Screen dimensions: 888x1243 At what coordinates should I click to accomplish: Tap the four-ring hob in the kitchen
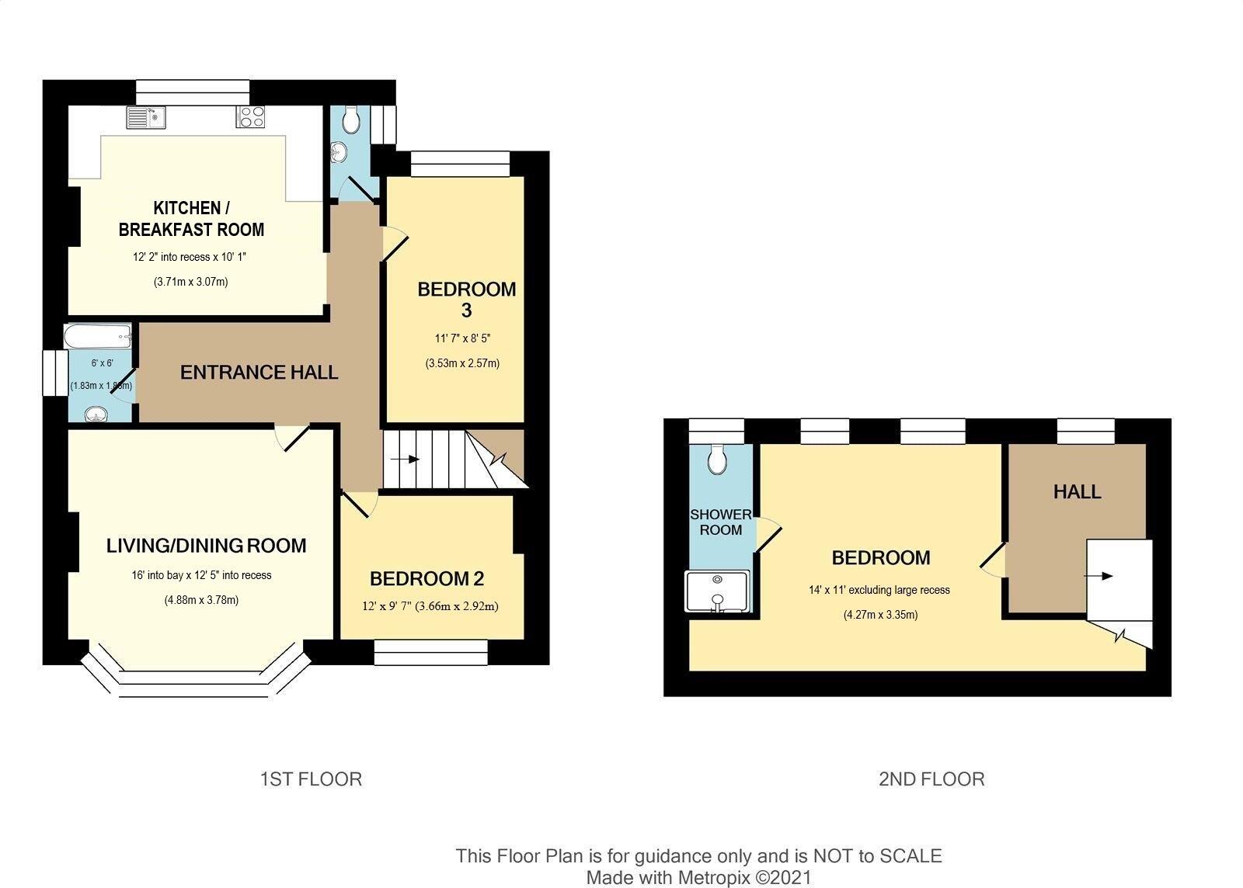[x=250, y=117]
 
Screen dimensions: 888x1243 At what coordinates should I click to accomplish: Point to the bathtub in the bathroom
[x=98, y=337]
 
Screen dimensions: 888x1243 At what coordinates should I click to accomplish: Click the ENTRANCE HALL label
[x=259, y=373]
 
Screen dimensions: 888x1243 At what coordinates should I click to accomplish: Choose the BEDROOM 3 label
[x=466, y=300]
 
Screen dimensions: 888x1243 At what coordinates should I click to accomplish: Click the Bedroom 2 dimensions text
[x=430, y=606]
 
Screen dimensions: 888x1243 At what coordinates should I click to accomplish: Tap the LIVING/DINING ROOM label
[x=206, y=546]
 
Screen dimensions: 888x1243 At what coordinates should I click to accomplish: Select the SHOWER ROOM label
[x=720, y=522]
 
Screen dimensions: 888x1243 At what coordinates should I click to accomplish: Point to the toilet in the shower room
[x=717, y=460]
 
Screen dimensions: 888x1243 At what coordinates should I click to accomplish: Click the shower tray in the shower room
[x=716, y=591]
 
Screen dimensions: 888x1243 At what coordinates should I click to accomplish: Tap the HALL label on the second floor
[x=1077, y=491]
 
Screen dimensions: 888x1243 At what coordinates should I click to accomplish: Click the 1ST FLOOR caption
[x=311, y=779]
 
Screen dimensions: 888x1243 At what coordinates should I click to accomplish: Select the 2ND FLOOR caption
[x=931, y=779]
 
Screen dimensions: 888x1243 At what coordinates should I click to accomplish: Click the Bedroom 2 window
[x=430, y=652]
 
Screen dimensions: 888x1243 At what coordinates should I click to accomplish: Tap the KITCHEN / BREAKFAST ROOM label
[x=191, y=219]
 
